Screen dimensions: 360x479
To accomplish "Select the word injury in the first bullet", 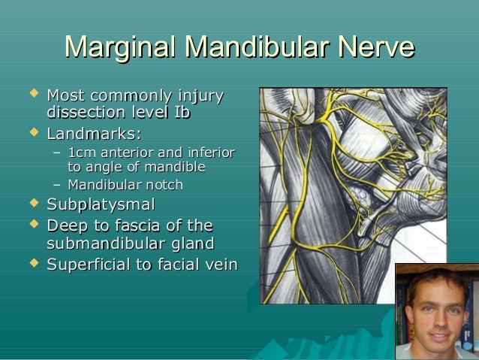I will point(200,96).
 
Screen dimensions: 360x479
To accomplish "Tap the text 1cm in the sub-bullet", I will point(81,153).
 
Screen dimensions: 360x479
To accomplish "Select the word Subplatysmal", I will point(101,204).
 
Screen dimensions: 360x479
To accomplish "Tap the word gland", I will point(191,244).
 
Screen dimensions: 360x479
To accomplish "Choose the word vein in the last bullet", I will point(221,265).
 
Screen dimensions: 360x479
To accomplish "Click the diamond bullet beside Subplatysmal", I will point(32,203).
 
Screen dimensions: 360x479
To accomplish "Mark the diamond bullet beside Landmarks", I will point(32,134).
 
